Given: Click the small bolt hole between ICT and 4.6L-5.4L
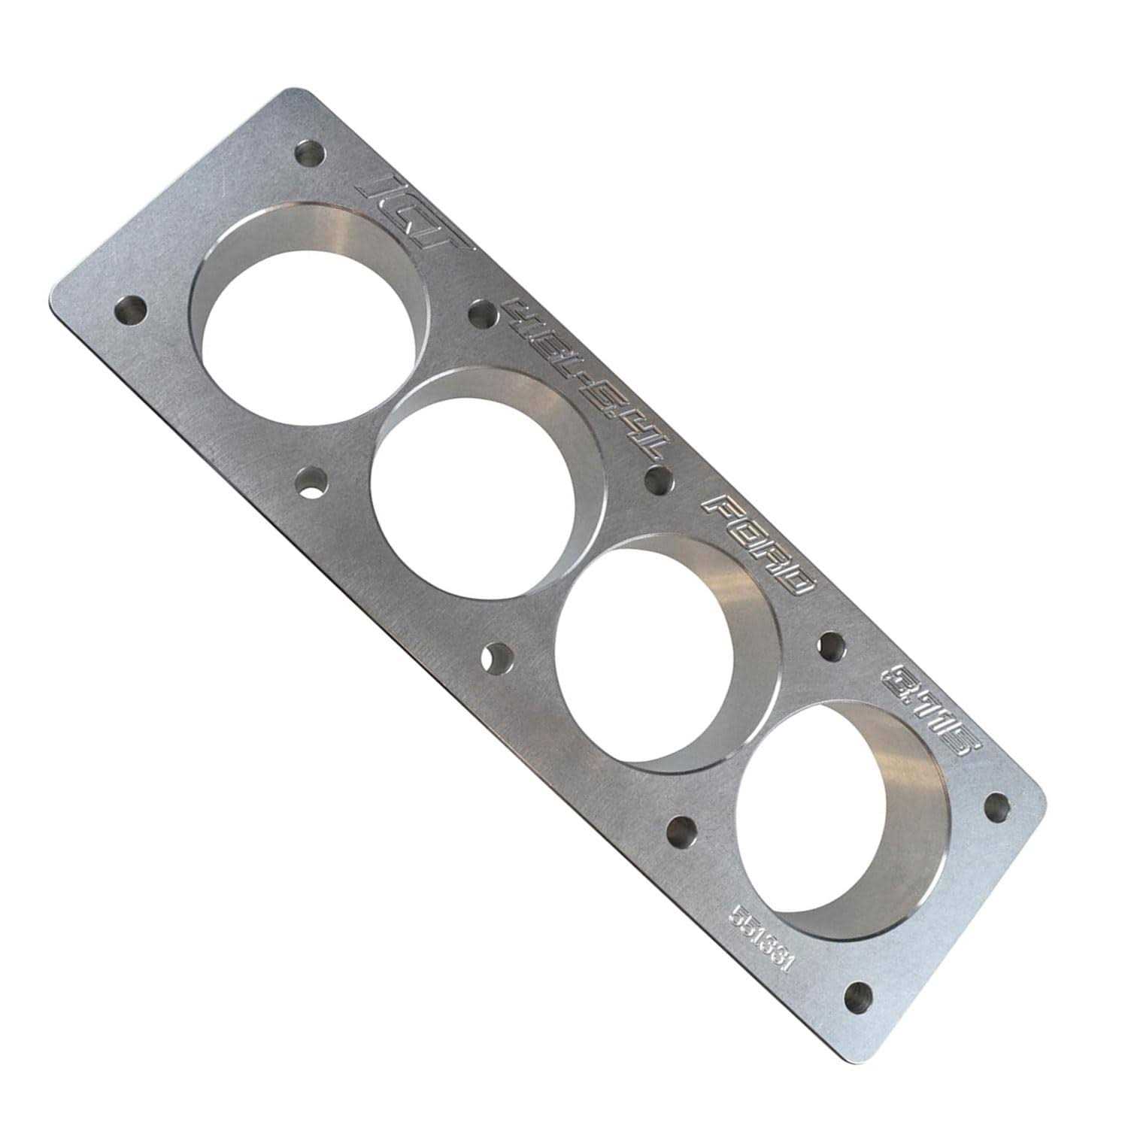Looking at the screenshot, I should [x=482, y=314].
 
